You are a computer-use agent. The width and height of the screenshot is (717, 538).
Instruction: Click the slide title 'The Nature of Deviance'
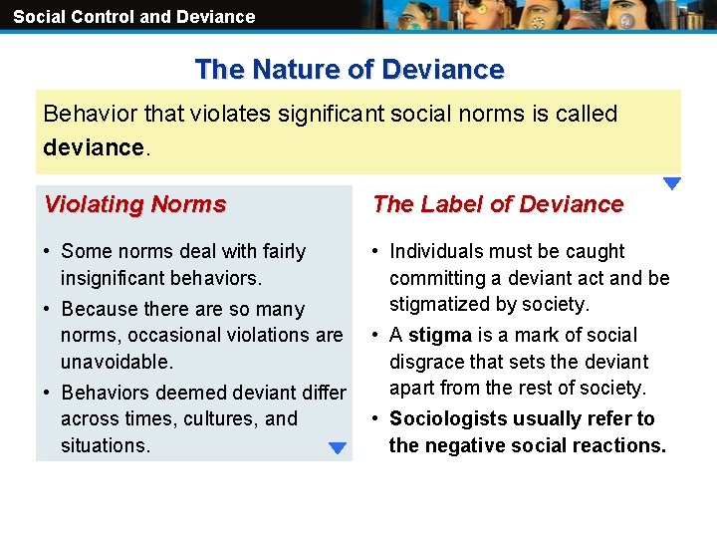[x=350, y=70]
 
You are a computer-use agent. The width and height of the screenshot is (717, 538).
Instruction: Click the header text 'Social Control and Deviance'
[x=133, y=16]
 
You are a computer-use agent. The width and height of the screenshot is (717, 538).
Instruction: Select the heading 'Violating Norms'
[x=135, y=204]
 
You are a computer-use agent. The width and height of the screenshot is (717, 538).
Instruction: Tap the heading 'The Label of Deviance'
[x=498, y=204]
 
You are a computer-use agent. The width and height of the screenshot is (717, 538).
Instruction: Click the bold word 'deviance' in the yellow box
[x=94, y=147]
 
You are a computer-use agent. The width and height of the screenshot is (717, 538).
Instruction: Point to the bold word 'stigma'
[x=440, y=336]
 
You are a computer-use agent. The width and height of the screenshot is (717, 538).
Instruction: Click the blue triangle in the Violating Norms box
[x=338, y=448]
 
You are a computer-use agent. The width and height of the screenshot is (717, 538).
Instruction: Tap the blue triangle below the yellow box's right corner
[x=672, y=183]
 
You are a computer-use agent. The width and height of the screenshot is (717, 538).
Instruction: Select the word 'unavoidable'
[x=117, y=362]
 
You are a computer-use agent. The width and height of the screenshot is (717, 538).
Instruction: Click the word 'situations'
[x=105, y=445]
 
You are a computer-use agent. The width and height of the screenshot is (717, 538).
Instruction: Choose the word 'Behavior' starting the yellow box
[x=86, y=114]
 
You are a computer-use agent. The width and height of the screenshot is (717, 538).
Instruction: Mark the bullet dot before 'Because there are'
[x=48, y=309]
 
